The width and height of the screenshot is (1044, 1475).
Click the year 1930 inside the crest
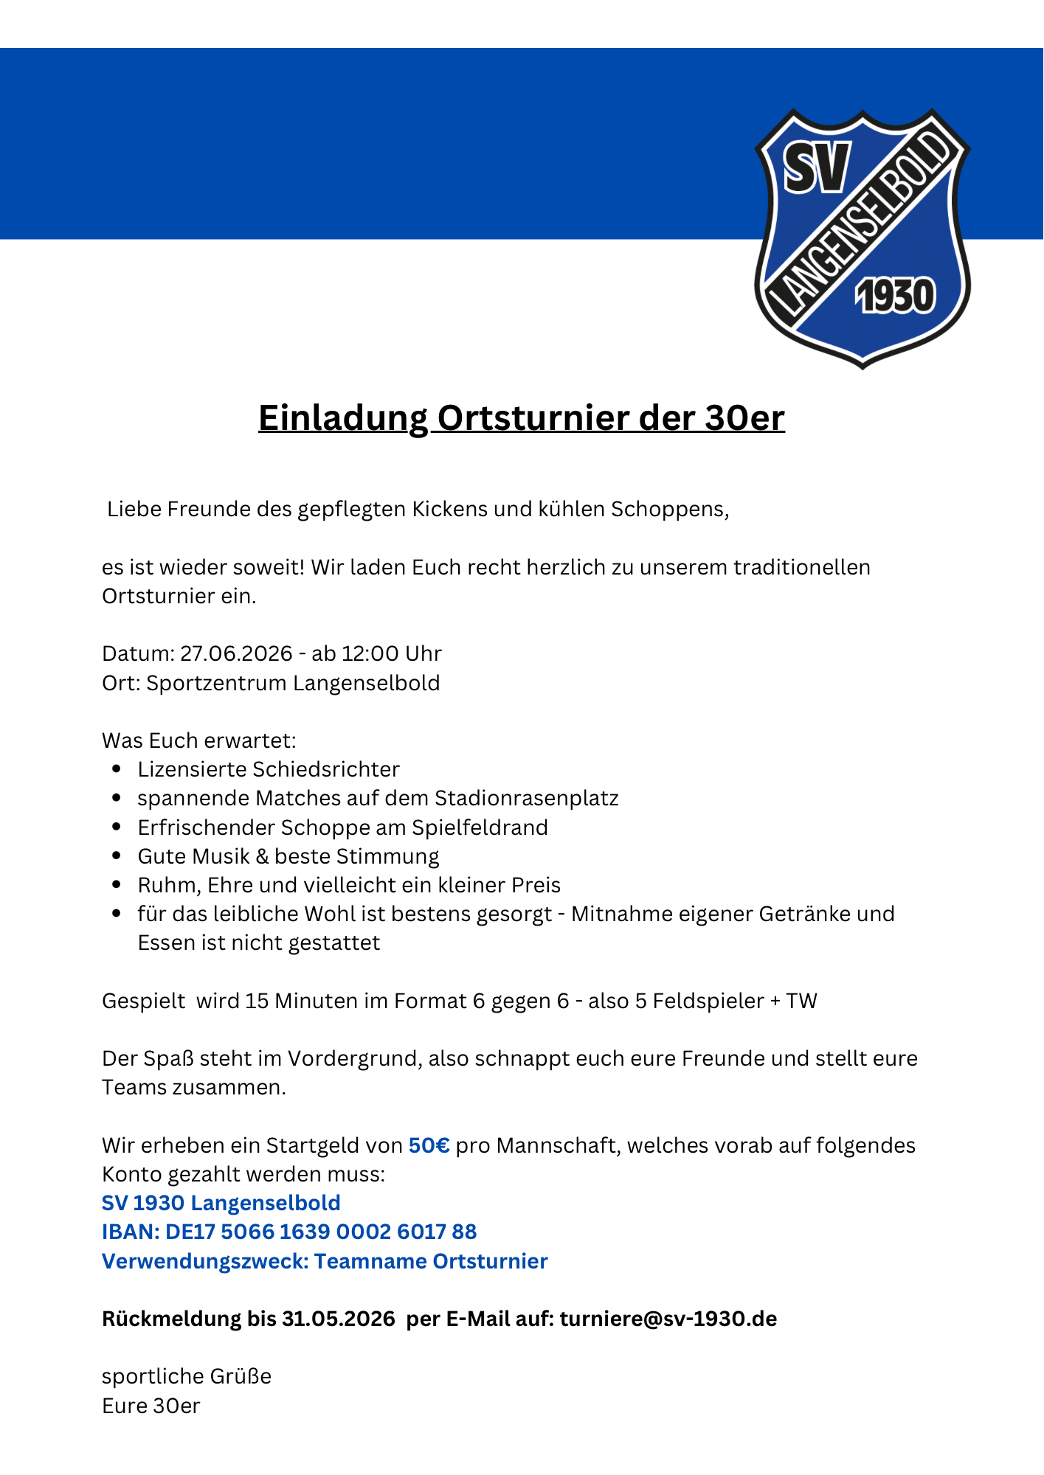[x=895, y=296]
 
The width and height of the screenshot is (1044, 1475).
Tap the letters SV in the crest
[x=817, y=167]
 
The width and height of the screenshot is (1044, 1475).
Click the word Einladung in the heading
[x=343, y=418]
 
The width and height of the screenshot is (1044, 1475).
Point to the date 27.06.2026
[x=236, y=654]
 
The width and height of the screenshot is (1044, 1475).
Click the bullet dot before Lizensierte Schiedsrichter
[x=117, y=769]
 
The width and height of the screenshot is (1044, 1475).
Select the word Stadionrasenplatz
[x=526, y=799]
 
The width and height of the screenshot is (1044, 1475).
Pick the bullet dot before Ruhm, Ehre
[x=117, y=885]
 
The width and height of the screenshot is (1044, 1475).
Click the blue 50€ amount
[x=429, y=1145]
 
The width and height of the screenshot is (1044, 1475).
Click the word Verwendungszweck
[x=204, y=1261]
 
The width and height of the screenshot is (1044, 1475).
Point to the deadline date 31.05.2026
[x=339, y=1319]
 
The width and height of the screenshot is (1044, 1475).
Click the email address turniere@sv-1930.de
[x=668, y=1319]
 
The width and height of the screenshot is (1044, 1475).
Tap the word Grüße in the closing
[x=241, y=1376]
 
